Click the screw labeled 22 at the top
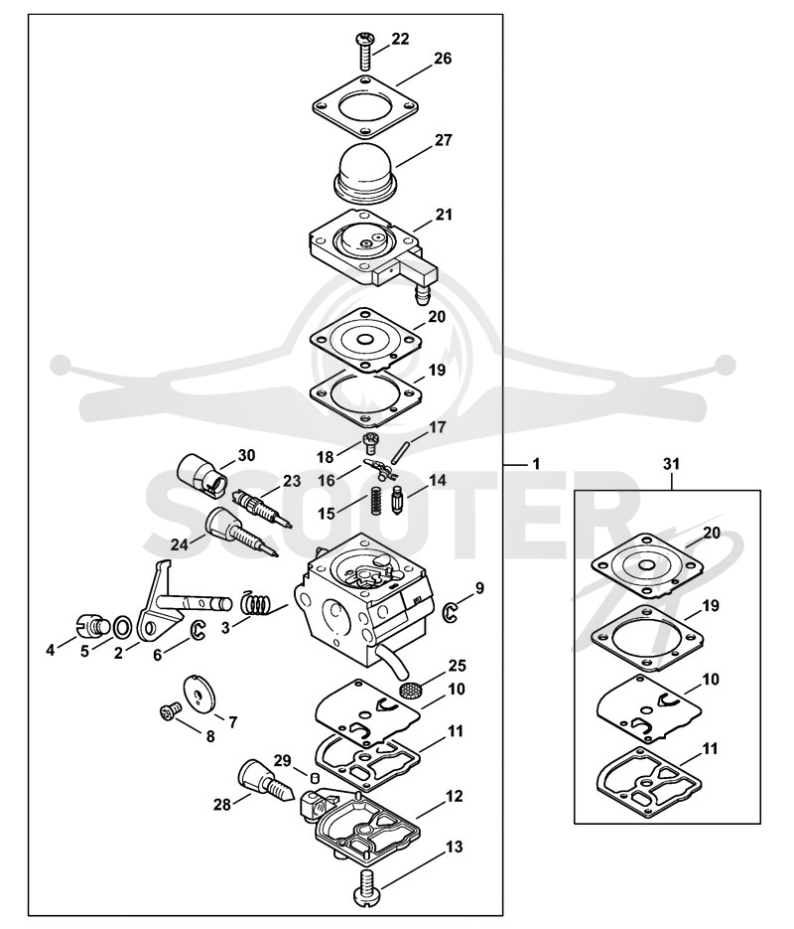(x=365, y=52)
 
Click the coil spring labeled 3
(x=256, y=605)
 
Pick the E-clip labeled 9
(x=452, y=613)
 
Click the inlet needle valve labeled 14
(x=398, y=500)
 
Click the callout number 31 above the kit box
(x=671, y=465)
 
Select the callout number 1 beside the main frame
(x=535, y=465)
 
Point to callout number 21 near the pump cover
(x=443, y=215)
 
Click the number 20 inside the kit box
(x=712, y=533)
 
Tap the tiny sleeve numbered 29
(x=316, y=776)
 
